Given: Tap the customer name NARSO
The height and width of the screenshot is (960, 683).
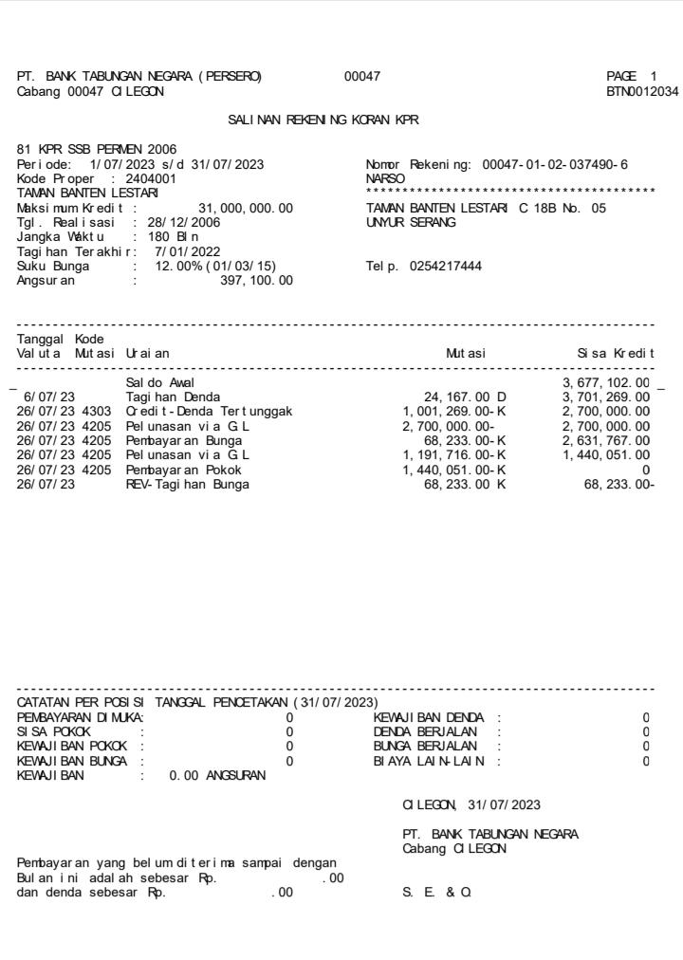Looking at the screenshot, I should (383, 176).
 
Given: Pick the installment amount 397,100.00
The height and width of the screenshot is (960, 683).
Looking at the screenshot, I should (255, 281).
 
